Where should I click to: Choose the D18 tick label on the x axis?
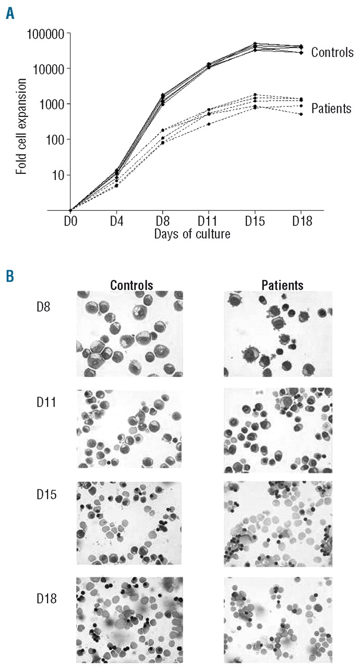click(x=302, y=223)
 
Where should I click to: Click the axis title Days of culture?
click(x=192, y=234)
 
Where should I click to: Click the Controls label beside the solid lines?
click(x=332, y=52)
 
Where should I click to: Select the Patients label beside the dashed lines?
click(x=331, y=109)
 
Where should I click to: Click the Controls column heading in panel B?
click(x=131, y=285)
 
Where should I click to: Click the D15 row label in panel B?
click(x=40, y=493)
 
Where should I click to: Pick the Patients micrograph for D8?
click(x=277, y=333)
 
